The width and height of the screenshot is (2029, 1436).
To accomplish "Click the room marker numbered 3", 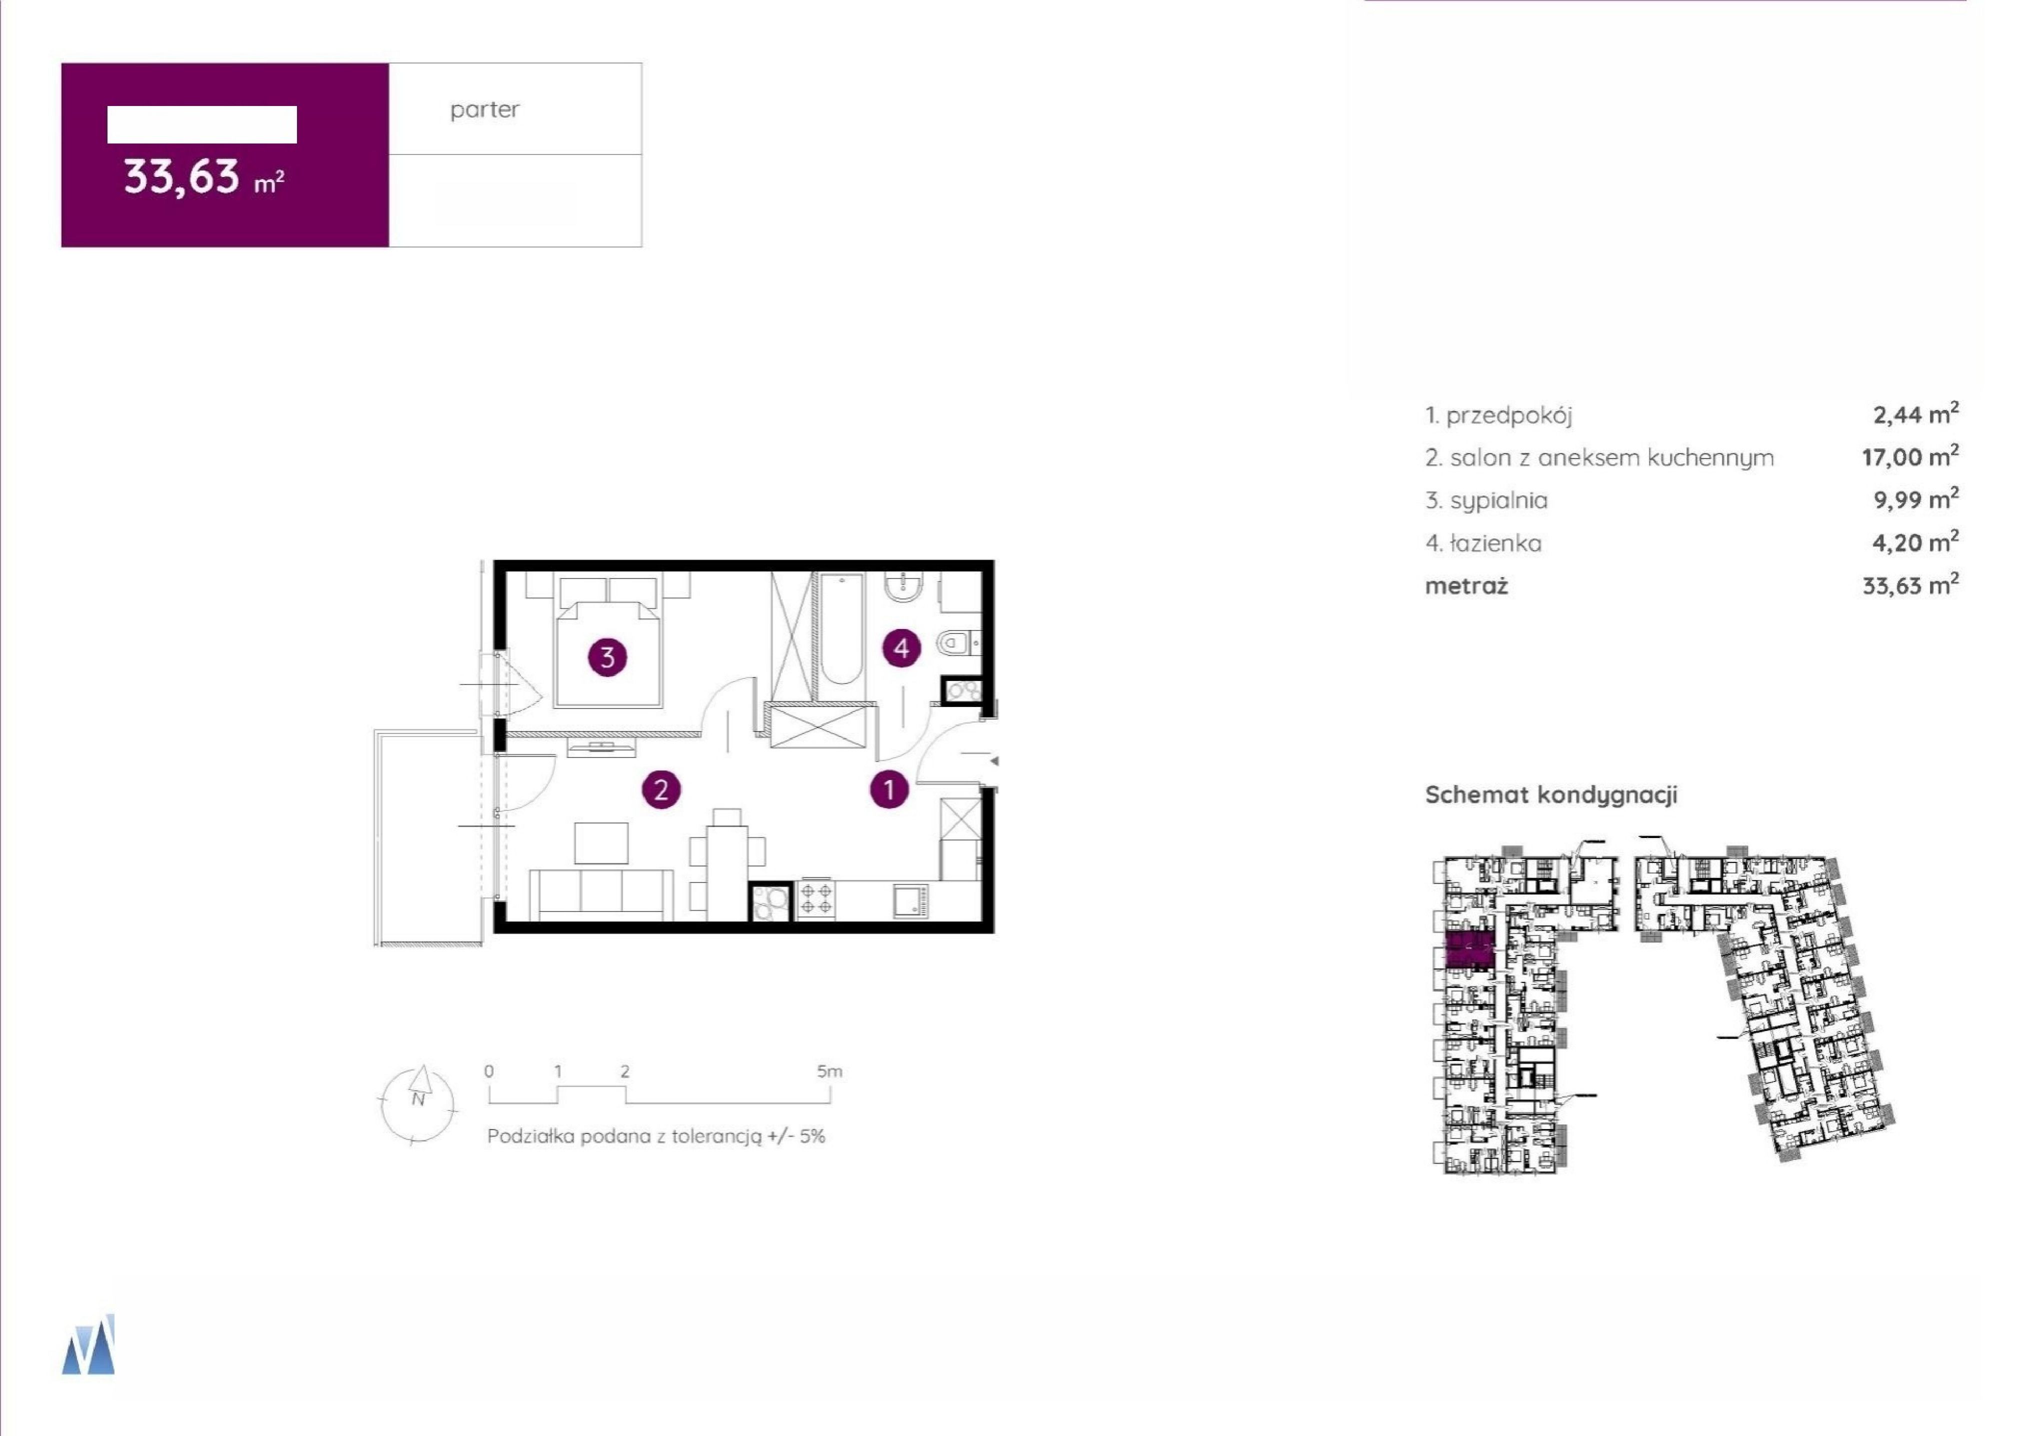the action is (x=607, y=657).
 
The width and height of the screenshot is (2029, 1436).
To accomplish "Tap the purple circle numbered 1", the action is (x=889, y=788).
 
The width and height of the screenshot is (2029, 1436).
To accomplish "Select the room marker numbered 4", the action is (x=901, y=648).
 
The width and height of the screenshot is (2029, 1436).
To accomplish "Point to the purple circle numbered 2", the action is (x=661, y=788).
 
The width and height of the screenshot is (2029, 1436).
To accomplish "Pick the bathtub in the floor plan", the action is (x=841, y=629).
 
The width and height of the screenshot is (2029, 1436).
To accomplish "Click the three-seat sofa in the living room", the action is (x=601, y=895).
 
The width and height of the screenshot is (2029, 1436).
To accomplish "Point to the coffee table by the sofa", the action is (x=601, y=843).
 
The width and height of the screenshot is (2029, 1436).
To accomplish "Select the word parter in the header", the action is (x=484, y=109).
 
